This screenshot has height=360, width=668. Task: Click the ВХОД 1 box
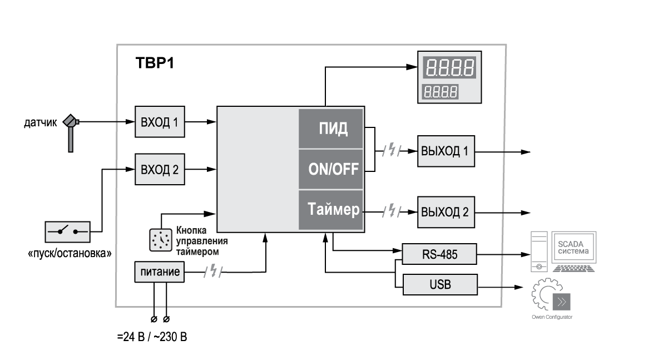tap(160, 121)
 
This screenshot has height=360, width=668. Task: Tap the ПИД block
tap(331, 129)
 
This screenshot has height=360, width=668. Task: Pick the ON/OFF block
tap(331, 169)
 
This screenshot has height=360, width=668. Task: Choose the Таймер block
tap(331, 210)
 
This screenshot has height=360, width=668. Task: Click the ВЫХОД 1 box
tap(446, 151)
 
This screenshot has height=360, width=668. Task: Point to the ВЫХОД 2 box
tap(446, 212)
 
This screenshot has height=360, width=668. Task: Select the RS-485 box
tap(440, 255)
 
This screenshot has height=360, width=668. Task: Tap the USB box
tap(440, 285)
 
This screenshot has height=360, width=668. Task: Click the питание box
tap(159, 272)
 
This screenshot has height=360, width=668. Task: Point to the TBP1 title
tap(155, 63)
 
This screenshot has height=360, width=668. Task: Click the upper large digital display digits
tap(449, 68)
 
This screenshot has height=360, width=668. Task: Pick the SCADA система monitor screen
tap(572, 247)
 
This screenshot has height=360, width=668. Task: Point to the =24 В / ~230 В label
tap(156, 338)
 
